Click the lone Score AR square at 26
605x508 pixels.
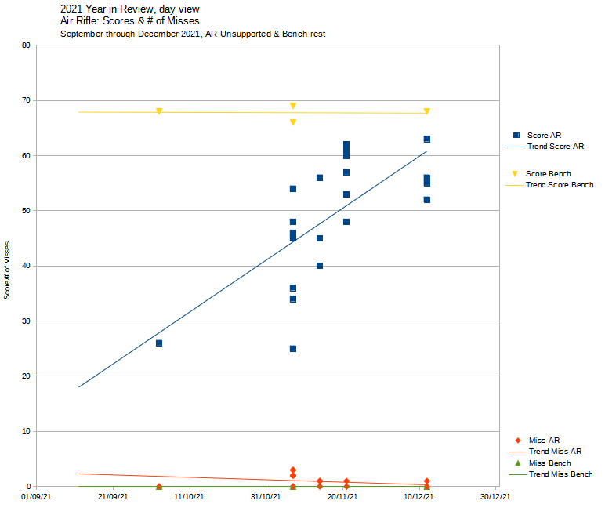point(159,343)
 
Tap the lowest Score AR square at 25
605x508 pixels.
point(293,349)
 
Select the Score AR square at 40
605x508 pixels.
point(320,266)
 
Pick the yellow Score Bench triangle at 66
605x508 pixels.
point(293,122)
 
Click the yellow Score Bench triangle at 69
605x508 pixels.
point(293,106)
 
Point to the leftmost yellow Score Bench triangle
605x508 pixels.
point(159,111)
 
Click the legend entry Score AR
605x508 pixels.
point(543,136)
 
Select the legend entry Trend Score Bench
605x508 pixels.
point(559,185)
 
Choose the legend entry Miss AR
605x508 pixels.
point(544,441)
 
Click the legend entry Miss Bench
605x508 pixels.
point(549,463)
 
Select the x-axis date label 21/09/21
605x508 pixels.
point(113,496)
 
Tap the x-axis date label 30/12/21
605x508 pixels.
point(495,496)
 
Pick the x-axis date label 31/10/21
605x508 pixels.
point(266,496)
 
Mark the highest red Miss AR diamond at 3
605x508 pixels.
point(293,470)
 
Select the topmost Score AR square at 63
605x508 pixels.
point(427,139)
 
